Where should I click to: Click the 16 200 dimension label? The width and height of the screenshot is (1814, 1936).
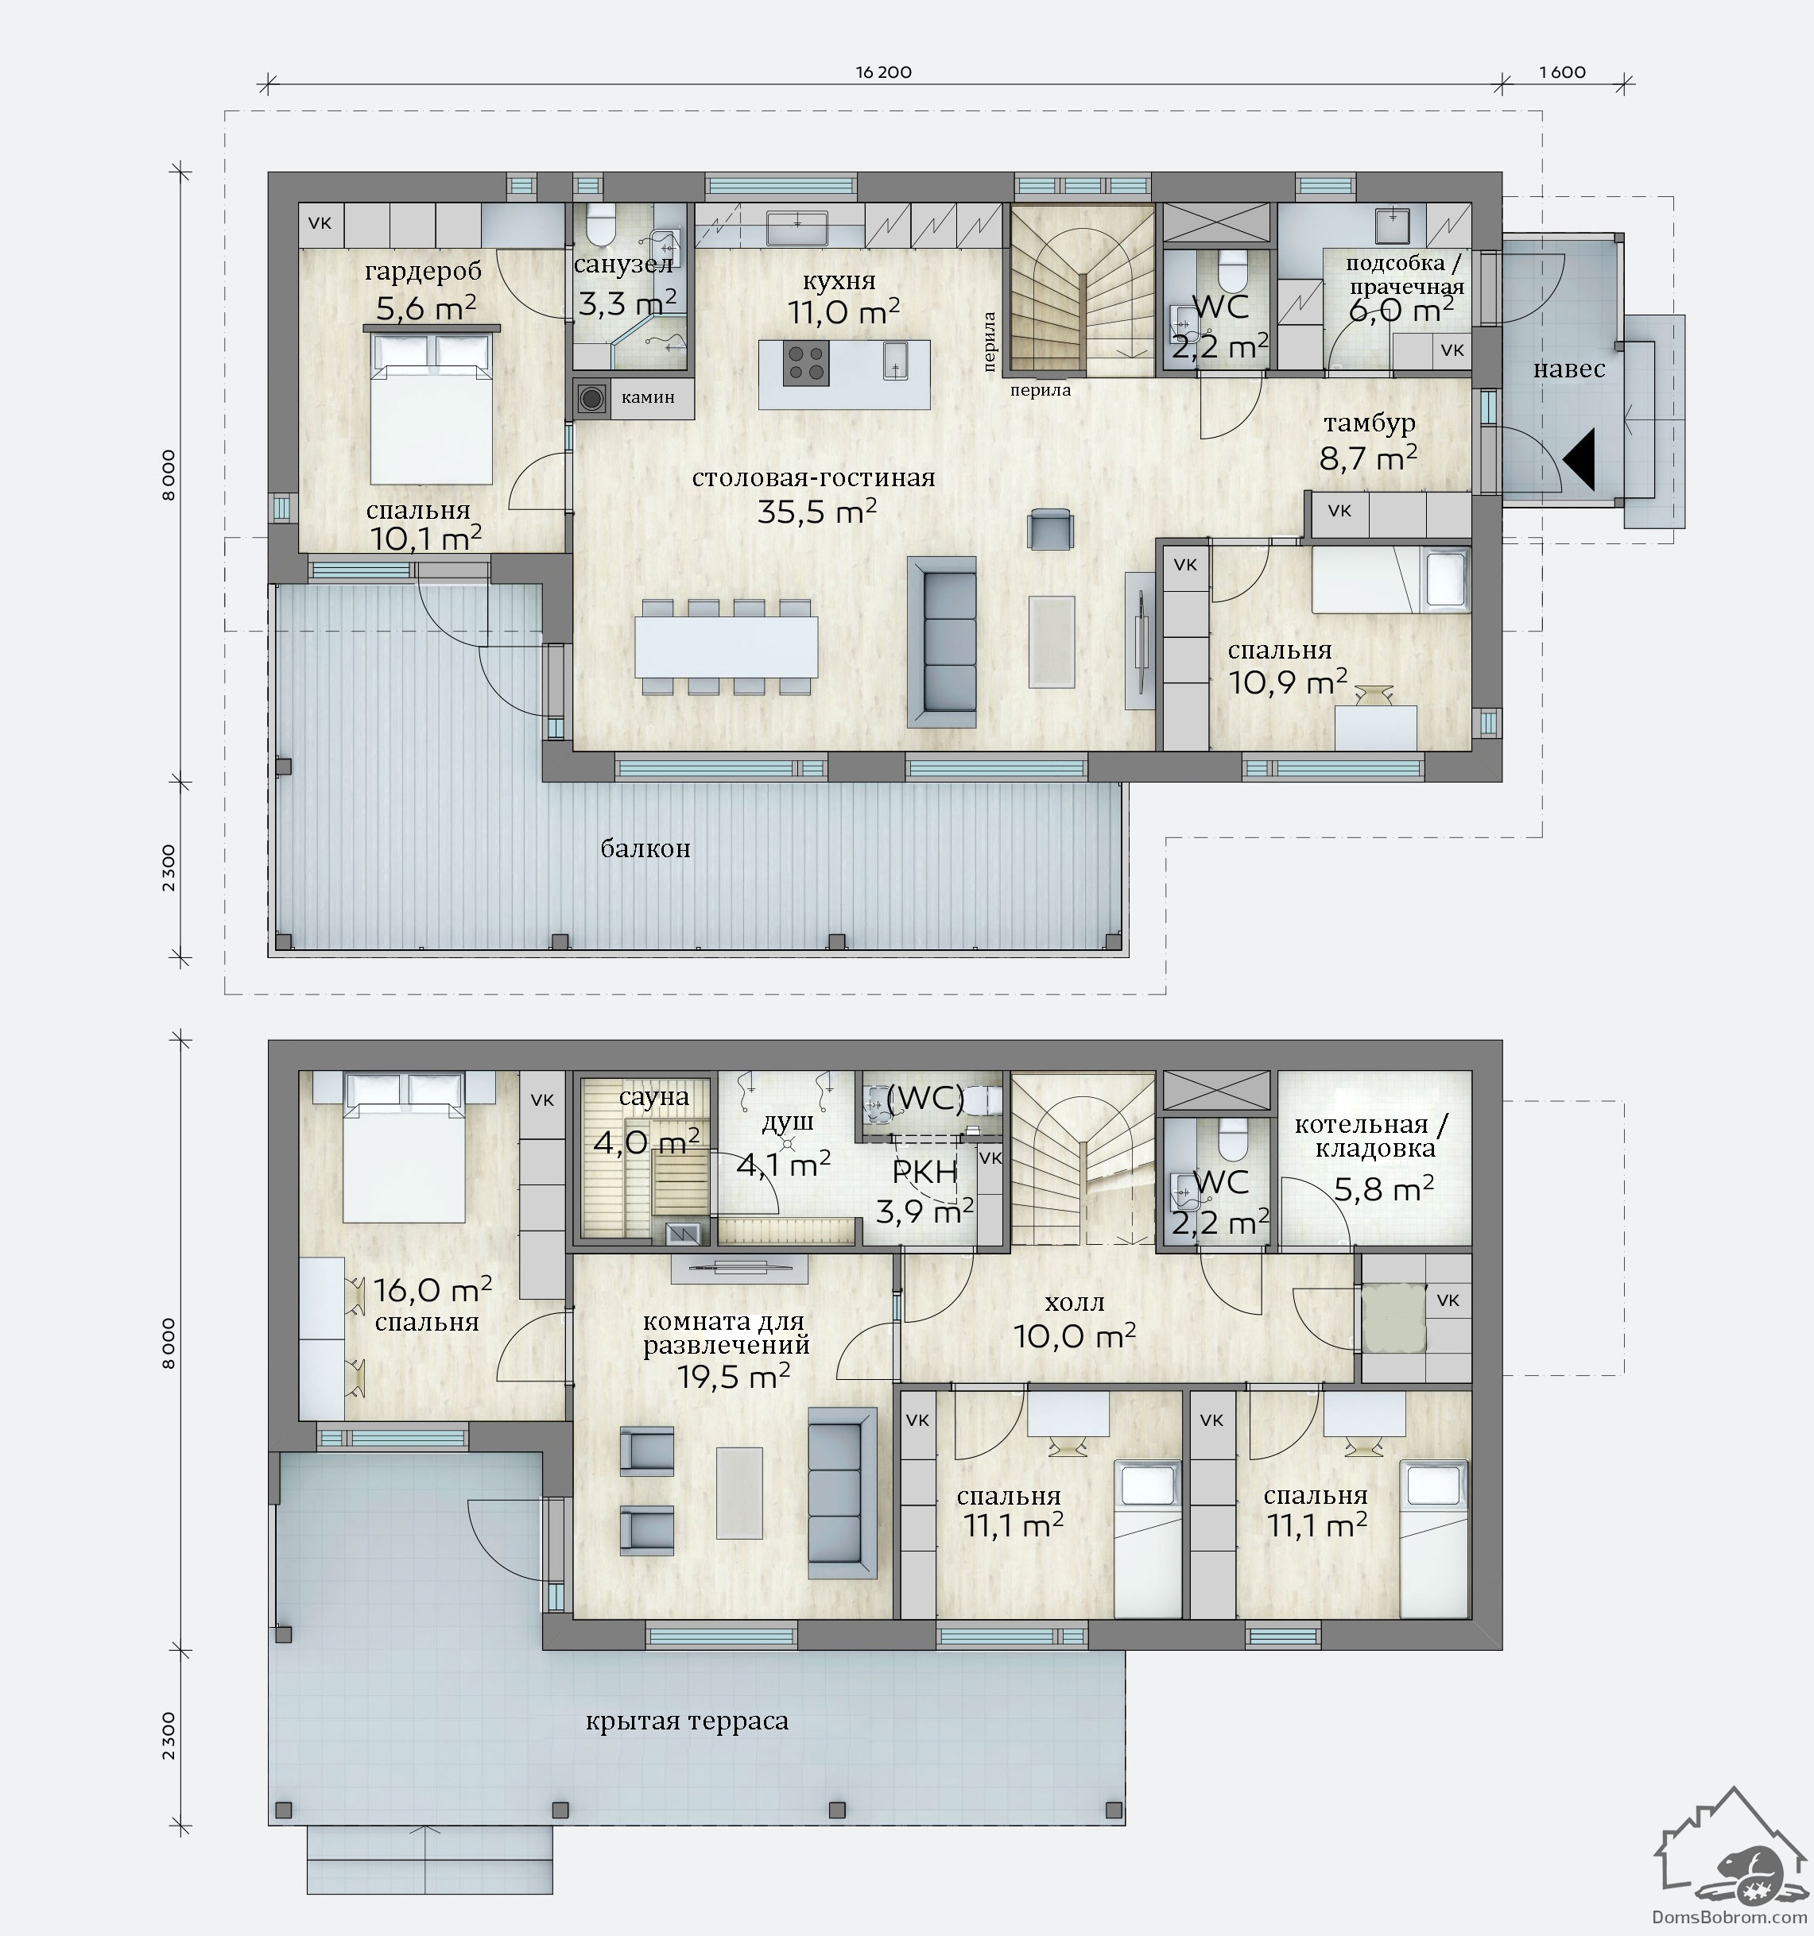coord(884,72)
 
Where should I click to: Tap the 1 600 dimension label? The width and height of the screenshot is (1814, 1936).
coord(1563,72)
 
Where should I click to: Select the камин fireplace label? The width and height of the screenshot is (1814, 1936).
coord(648,397)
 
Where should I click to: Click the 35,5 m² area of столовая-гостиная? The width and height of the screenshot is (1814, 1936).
coord(816,512)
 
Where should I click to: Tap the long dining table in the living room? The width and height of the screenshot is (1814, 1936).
coord(726,647)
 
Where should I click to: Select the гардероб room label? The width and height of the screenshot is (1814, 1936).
coord(424,272)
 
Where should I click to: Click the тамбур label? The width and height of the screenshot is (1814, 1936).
coord(1369,423)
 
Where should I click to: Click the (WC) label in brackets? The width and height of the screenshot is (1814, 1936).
coord(924,1098)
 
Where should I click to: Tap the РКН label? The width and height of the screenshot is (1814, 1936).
coord(924,1173)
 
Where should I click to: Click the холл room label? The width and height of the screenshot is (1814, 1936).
coord(1075,1302)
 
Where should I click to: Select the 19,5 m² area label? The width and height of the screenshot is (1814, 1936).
coord(733,1376)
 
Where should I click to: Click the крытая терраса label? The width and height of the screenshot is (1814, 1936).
coord(687,1721)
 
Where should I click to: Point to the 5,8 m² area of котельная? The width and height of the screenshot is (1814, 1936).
coord(1383,1189)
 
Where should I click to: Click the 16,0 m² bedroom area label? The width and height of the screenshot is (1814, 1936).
coord(432,1290)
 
